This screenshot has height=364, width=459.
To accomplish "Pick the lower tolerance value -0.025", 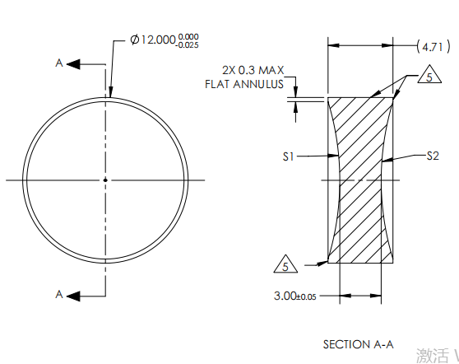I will (188, 45).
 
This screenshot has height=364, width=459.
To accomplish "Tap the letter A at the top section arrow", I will (58, 63).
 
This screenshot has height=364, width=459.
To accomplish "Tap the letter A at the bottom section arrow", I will (58, 294).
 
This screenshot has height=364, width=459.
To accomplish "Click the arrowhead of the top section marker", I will (72, 63).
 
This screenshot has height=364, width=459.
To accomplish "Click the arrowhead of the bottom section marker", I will (72, 294).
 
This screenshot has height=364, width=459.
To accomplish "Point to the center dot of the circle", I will (105, 180).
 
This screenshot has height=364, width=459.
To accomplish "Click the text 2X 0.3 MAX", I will (253, 71).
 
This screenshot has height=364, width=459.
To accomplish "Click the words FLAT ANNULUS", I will (244, 84).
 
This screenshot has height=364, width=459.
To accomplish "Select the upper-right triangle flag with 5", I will (426, 77).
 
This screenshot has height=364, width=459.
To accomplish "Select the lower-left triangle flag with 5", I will (285, 266).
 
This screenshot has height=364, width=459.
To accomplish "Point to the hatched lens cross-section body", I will (360, 181).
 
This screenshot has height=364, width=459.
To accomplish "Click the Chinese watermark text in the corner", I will (436, 355).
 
